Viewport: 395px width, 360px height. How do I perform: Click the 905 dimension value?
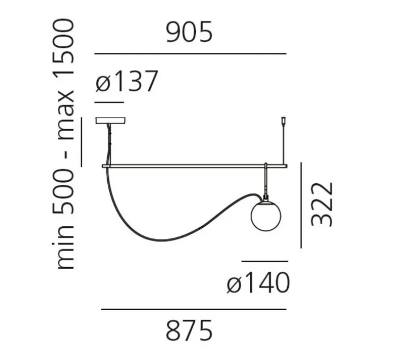(x=190, y=32)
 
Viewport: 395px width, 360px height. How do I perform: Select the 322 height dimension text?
(x=322, y=204)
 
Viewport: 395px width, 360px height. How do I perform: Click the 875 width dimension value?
(x=189, y=330)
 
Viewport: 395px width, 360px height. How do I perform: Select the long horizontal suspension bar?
(x=194, y=166)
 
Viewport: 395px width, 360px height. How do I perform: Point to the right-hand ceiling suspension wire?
(x=284, y=143)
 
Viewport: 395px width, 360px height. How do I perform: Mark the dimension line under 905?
(x=190, y=54)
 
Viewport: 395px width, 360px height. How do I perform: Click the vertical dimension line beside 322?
(x=301, y=204)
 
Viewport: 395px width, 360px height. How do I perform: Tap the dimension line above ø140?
(x=264, y=261)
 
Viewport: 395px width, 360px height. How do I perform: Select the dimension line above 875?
(x=193, y=309)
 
